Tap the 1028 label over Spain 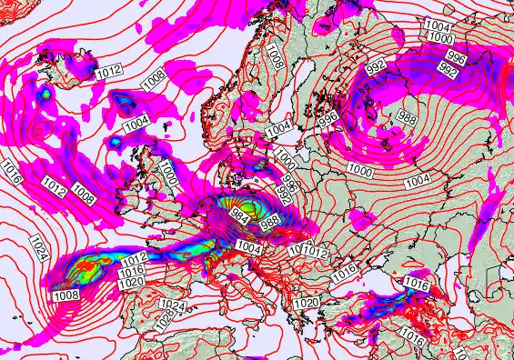pyautogui.click(x=166, y=318)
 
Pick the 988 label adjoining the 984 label pyautogui.click(x=271, y=222)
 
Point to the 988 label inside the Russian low pyautogui.click(x=408, y=119)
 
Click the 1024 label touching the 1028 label pyautogui.click(x=170, y=305)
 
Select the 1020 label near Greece pyautogui.click(x=307, y=303)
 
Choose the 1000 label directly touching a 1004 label pyautogui.click(x=440, y=39)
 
